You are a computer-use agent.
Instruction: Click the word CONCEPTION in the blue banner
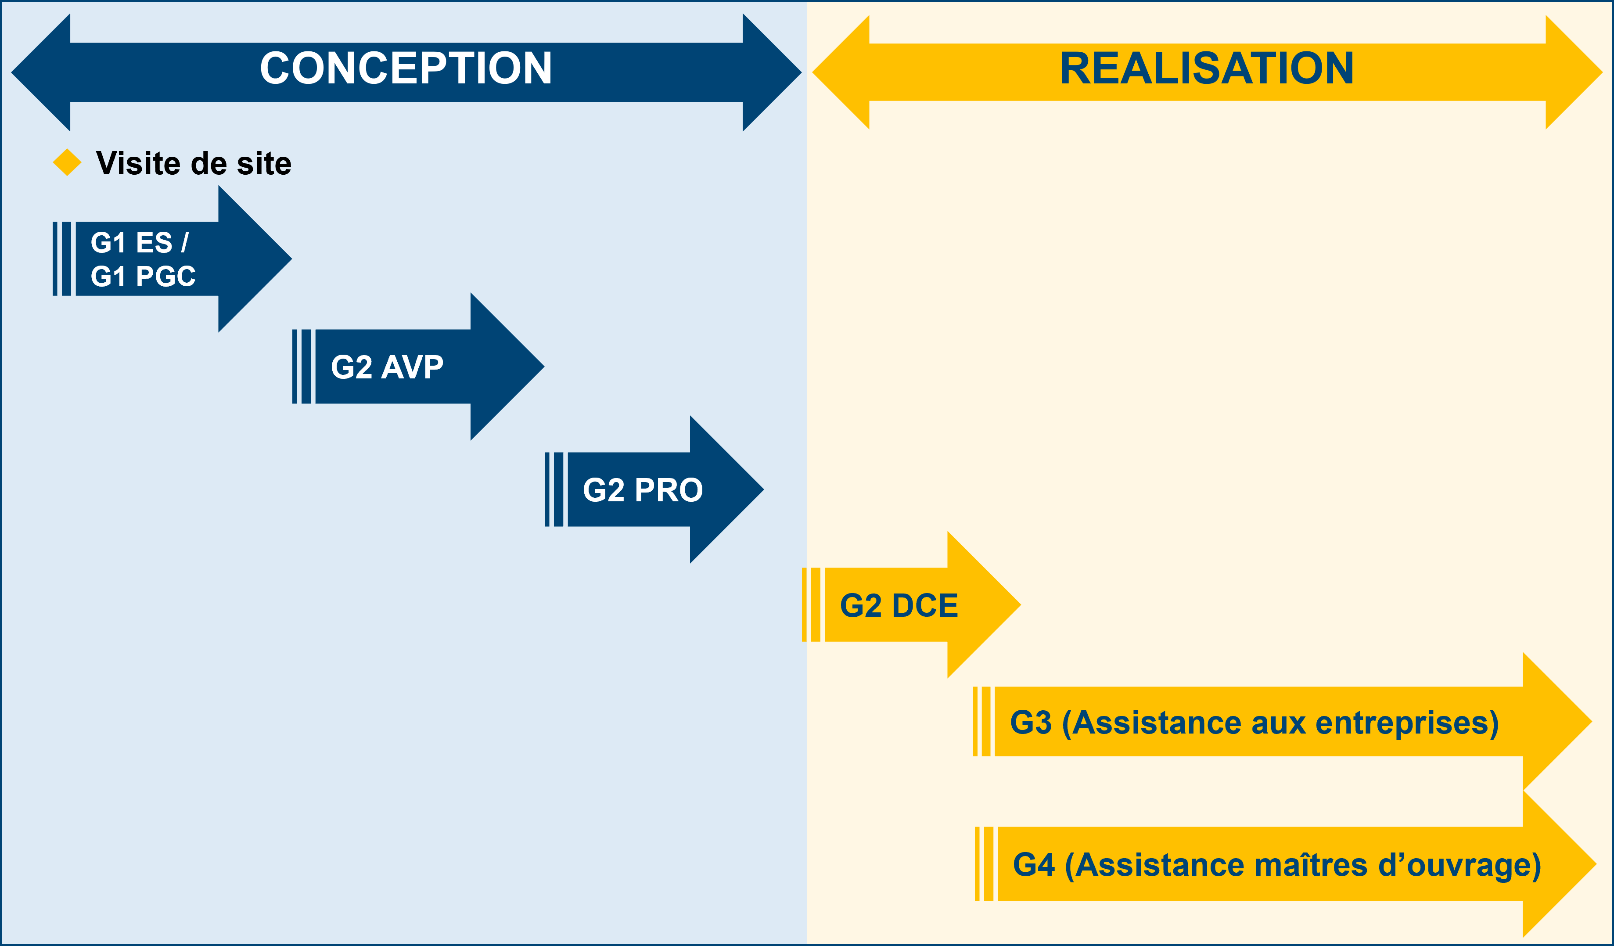[406, 68]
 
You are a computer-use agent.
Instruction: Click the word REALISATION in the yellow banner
[1207, 68]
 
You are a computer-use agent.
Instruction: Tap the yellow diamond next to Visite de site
[67, 162]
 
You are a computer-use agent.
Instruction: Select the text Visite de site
[194, 163]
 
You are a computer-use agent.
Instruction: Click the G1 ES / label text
[140, 242]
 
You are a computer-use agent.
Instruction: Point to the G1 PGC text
[143, 276]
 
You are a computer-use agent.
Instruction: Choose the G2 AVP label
[387, 367]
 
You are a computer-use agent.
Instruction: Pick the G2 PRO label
[643, 490]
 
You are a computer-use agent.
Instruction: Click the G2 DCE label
[899, 605]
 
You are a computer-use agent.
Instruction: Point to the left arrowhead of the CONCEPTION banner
[41, 72]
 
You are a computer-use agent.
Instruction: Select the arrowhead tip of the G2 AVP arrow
[544, 367]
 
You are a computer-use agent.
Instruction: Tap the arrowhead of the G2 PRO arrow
[726, 489]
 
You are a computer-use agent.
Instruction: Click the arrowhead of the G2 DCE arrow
[983, 604]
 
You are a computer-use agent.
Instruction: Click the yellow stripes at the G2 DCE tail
[811, 604]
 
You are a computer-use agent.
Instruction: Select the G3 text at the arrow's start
[1031, 723]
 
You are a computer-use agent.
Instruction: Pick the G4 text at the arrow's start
[1033, 865]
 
